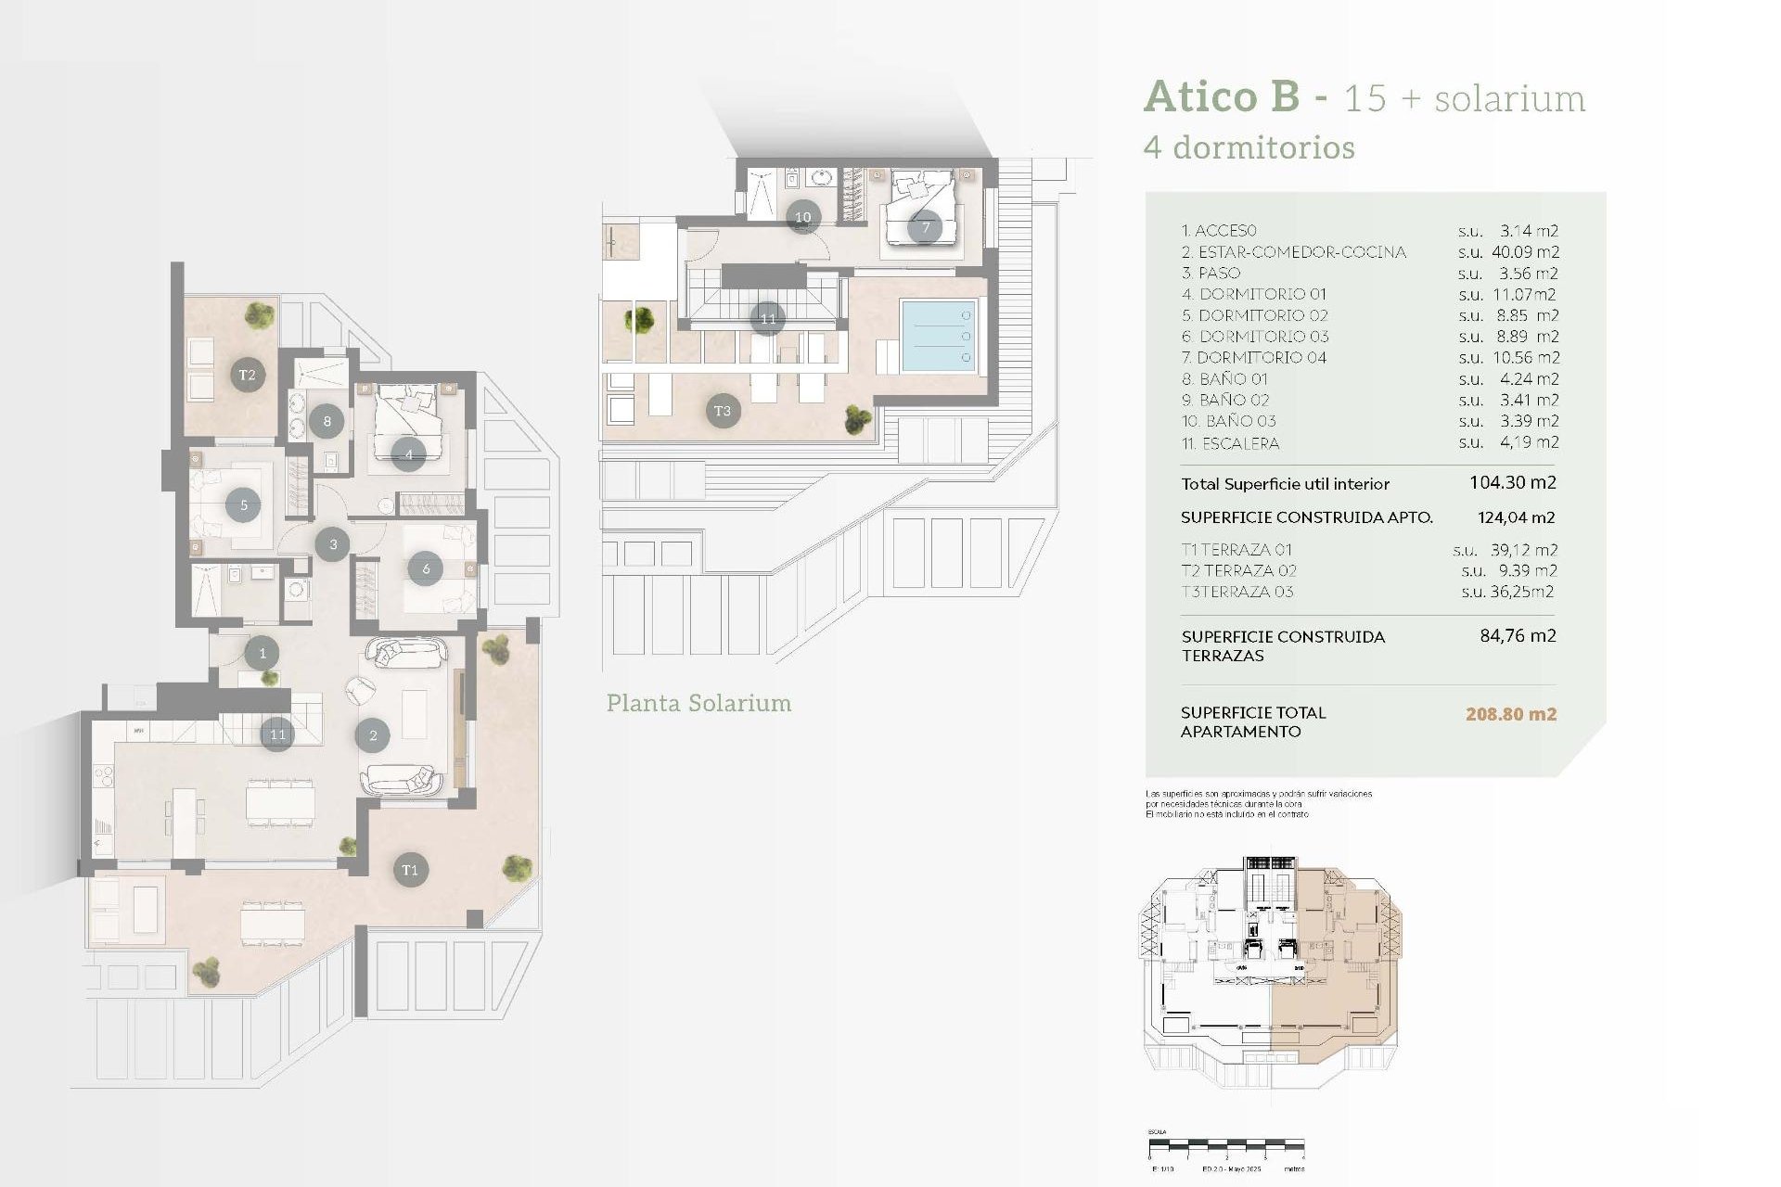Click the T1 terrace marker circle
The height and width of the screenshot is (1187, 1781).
pyautogui.click(x=410, y=870)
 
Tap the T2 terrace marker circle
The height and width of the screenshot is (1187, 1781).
pyautogui.click(x=247, y=375)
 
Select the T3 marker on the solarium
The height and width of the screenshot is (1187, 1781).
pyautogui.click(x=723, y=411)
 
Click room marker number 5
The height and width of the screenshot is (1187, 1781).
pyautogui.click(x=243, y=505)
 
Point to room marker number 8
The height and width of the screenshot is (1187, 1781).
pyautogui.click(x=327, y=421)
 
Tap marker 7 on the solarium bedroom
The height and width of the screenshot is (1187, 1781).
pyautogui.click(x=925, y=227)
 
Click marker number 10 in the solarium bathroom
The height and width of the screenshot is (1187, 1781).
pyautogui.click(x=803, y=217)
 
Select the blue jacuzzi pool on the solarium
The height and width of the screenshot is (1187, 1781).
pyautogui.click(x=939, y=336)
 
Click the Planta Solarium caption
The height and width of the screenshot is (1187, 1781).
pyautogui.click(x=698, y=703)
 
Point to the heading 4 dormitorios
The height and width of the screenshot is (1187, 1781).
pyautogui.click(x=1249, y=147)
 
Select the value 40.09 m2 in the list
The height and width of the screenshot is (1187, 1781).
pyautogui.click(x=1525, y=252)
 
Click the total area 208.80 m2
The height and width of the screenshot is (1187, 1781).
pyautogui.click(x=1510, y=714)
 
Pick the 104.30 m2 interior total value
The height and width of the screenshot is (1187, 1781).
pyautogui.click(x=1512, y=482)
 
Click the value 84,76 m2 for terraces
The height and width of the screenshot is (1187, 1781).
pyautogui.click(x=1518, y=636)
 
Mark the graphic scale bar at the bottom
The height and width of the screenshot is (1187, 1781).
pyautogui.click(x=1226, y=1145)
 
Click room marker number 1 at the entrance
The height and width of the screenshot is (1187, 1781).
pyautogui.click(x=263, y=653)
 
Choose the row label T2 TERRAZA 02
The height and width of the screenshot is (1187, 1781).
pyautogui.click(x=1238, y=571)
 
